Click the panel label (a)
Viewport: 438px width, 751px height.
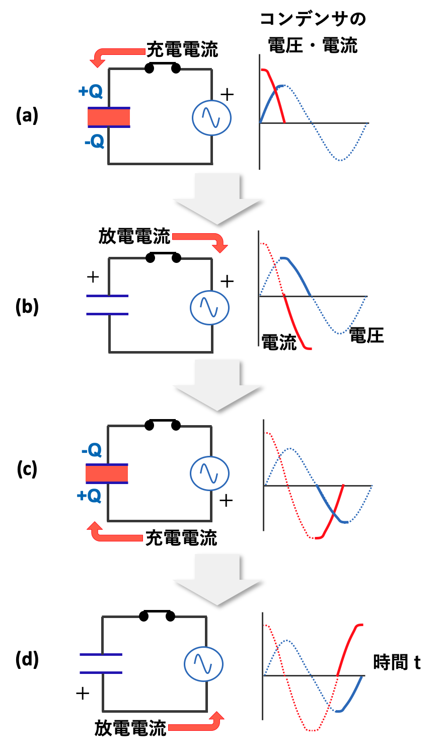pos(27,116)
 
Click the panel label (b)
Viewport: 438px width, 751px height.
pos(27,306)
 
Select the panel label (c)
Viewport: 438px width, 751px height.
pos(27,469)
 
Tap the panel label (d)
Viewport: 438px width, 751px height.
pos(27,659)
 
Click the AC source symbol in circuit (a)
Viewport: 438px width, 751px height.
pos(212,117)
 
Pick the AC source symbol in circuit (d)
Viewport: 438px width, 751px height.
pos(203,664)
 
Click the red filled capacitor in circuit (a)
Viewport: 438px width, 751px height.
pos(109,117)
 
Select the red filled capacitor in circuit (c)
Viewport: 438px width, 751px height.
pos(107,474)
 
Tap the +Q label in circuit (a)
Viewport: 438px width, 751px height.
pos(91,91)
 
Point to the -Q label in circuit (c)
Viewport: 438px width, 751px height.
pos(91,450)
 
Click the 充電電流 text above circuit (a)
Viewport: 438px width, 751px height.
pos(182,49)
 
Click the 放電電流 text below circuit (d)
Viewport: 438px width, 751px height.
pos(130,728)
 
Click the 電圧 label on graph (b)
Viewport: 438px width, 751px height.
pos(367,335)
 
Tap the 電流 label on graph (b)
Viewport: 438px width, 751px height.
pos(279,343)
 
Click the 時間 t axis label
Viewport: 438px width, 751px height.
pos(397,662)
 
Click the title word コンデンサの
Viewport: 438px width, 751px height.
pos(313,19)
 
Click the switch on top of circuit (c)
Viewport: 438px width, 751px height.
pos(162,425)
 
